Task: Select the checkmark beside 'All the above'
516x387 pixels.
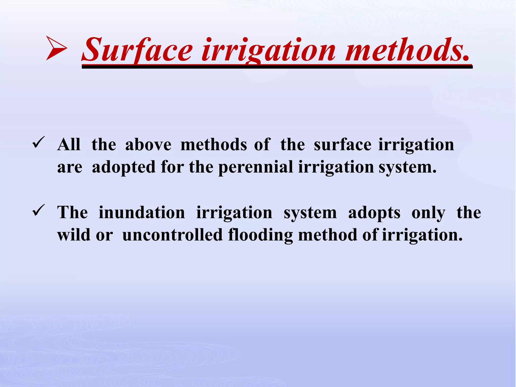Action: pyautogui.click(x=39, y=142)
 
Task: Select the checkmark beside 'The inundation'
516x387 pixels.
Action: pyautogui.click(x=39, y=210)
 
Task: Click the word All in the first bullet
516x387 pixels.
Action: pyautogui.click(x=69, y=145)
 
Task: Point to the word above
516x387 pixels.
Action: pyautogui.click(x=148, y=145)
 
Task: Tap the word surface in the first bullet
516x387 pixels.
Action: pyautogui.click(x=342, y=145)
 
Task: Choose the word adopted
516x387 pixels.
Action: pyautogui.click(x=124, y=167)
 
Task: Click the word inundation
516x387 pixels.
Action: pyautogui.click(x=142, y=213)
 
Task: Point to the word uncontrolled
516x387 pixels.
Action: pyautogui.click(x=173, y=235)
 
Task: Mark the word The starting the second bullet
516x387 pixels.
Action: pyautogui.click(x=73, y=213)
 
